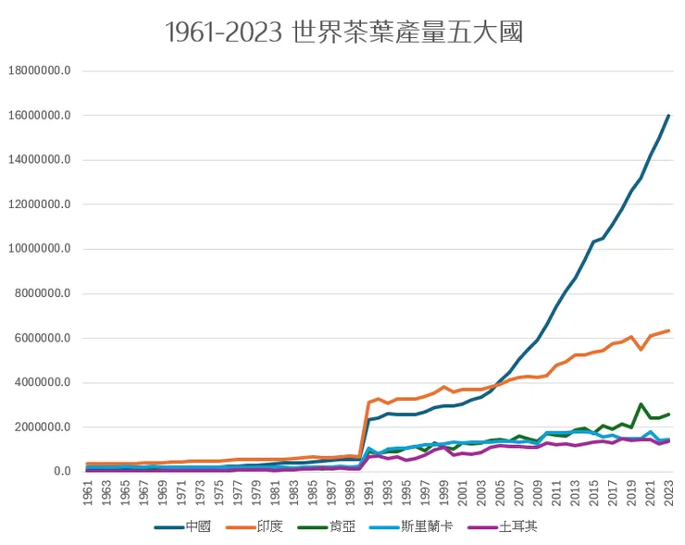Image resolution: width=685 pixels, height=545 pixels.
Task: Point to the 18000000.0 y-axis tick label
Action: tap(44, 71)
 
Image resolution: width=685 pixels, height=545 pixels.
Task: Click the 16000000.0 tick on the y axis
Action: tap(44, 116)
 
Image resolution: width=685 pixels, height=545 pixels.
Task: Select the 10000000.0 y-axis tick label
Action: tap(44, 249)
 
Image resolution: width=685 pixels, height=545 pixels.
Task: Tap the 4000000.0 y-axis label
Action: tap(47, 383)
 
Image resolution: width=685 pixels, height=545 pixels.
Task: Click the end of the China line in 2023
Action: tap(668, 116)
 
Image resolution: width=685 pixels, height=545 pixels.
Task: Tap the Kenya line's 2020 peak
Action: tap(641, 404)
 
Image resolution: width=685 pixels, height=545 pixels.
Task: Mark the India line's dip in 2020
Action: tap(641, 350)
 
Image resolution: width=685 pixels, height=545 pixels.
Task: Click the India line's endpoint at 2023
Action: tap(668, 330)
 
